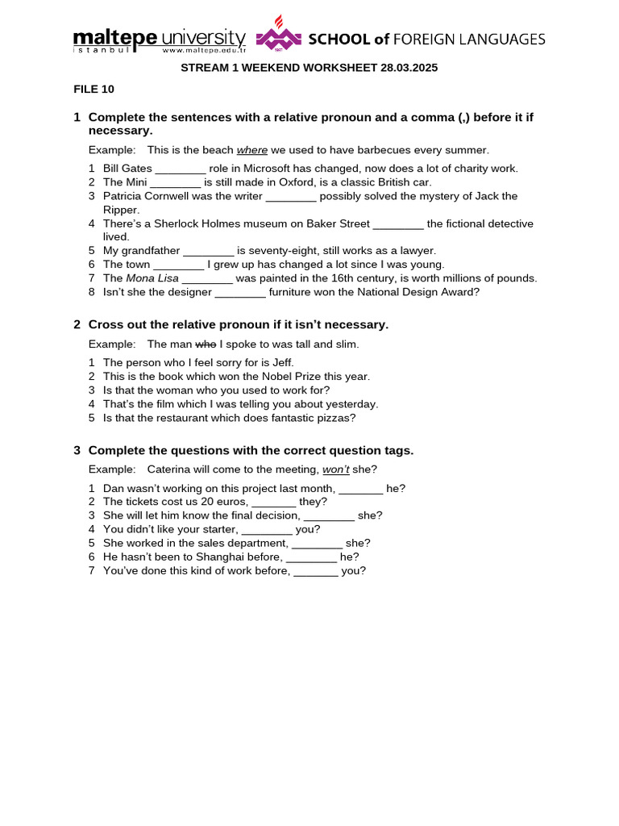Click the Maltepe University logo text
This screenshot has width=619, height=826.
tap(159, 39)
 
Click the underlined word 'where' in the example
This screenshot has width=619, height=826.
tap(251, 150)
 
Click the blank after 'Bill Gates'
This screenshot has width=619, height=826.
tap(181, 169)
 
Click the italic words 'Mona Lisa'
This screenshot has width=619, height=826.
tap(152, 278)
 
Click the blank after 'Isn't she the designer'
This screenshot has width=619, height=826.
tap(240, 292)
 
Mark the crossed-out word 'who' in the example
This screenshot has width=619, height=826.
tap(206, 344)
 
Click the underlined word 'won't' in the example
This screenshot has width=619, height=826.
tap(336, 469)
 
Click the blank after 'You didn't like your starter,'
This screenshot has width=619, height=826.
tap(267, 529)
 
